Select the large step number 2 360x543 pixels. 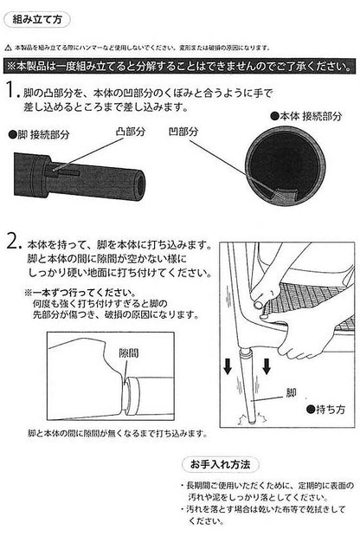11,244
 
